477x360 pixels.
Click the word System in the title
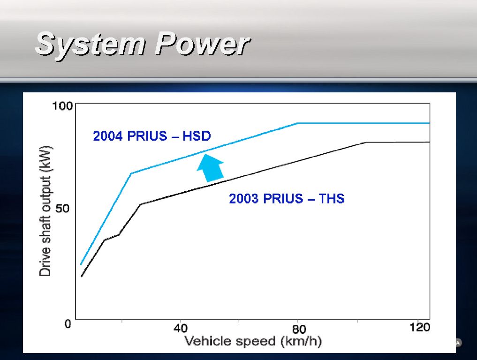click(x=91, y=45)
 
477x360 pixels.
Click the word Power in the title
click(x=202, y=44)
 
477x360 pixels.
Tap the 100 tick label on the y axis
click(x=62, y=106)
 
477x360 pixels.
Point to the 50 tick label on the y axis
click(x=62, y=209)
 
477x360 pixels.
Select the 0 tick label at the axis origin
click(x=68, y=324)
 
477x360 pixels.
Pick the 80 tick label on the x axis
click(x=299, y=329)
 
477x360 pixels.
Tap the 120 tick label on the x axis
click(x=420, y=328)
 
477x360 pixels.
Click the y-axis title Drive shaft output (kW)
click(x=45, y=211)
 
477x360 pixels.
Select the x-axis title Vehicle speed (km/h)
click(x=253, y=341)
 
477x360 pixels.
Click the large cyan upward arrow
click(x=211, y=168)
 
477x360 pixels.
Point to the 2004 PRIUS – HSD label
click(x=152, y=136)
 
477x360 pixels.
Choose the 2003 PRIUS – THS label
click(x=287, y=199)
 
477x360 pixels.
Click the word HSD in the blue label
click(x=197, y=136)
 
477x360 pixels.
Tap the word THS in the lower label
click(x=331, y=199)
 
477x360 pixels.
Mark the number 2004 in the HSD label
click(x=107, y=136)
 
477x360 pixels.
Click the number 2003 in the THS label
click(x=243, y=199)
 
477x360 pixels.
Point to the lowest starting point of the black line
click(x=82, y=277)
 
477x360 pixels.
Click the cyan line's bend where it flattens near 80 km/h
click(x=297, y=123)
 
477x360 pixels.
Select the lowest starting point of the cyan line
click(x=81, y=264)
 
